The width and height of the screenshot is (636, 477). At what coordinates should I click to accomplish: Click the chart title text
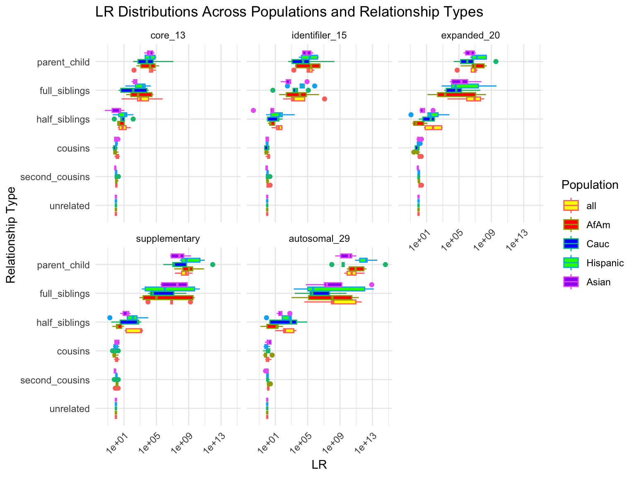click(x=289, y=12)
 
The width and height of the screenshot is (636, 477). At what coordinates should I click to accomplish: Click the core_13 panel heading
click(x=167, y=36)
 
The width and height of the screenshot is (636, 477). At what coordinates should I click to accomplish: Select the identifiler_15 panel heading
click(x=319, y=36)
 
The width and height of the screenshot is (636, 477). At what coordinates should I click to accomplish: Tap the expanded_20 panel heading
click(x=470, y=36)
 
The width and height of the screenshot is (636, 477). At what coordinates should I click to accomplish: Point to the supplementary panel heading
click(x=168, y=238)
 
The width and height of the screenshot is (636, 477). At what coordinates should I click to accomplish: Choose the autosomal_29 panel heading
click(x=319, y=238)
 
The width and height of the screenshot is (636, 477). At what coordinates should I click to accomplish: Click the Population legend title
click(x=590, y=185)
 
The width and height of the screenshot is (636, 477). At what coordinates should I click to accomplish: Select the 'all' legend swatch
click(x=571, y=205)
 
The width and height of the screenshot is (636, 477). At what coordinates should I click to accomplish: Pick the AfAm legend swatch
click(x=571, y=224)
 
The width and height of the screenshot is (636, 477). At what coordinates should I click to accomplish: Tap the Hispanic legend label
click(x=605, y=263)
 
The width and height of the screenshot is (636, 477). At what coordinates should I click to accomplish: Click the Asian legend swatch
click(x=571, y=282)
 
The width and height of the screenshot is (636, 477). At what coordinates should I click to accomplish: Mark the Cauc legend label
click(x=597, y=244)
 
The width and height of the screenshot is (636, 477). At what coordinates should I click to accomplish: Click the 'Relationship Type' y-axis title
click(x=11, y=235)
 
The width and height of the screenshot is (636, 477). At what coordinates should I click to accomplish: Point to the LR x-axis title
click(x=319, y=465)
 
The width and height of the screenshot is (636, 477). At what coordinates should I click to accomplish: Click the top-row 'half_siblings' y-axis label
click(x=63, y=120)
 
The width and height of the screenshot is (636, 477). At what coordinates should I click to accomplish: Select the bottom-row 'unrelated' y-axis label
click(x=69, y=409)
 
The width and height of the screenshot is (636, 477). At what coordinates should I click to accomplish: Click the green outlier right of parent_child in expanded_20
click(x=496, y=61)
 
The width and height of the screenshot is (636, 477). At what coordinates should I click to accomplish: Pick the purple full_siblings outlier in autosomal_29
click(x=371, y=284)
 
